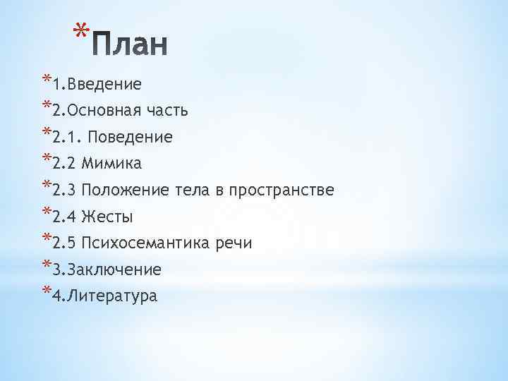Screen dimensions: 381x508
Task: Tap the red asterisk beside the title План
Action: pos(82,32)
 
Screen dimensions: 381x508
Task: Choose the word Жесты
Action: pos(108,217)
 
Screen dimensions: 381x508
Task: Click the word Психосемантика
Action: pos(147,243)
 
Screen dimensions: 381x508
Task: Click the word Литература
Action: pos(113,296)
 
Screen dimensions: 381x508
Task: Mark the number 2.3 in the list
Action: pos(64,190)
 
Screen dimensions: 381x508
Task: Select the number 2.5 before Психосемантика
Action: pos(64,243)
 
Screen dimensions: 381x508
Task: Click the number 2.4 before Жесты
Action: pos(64,217)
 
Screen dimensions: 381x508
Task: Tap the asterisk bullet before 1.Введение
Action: pos(46,80)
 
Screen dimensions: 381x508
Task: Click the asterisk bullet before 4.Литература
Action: pos(46,292)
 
